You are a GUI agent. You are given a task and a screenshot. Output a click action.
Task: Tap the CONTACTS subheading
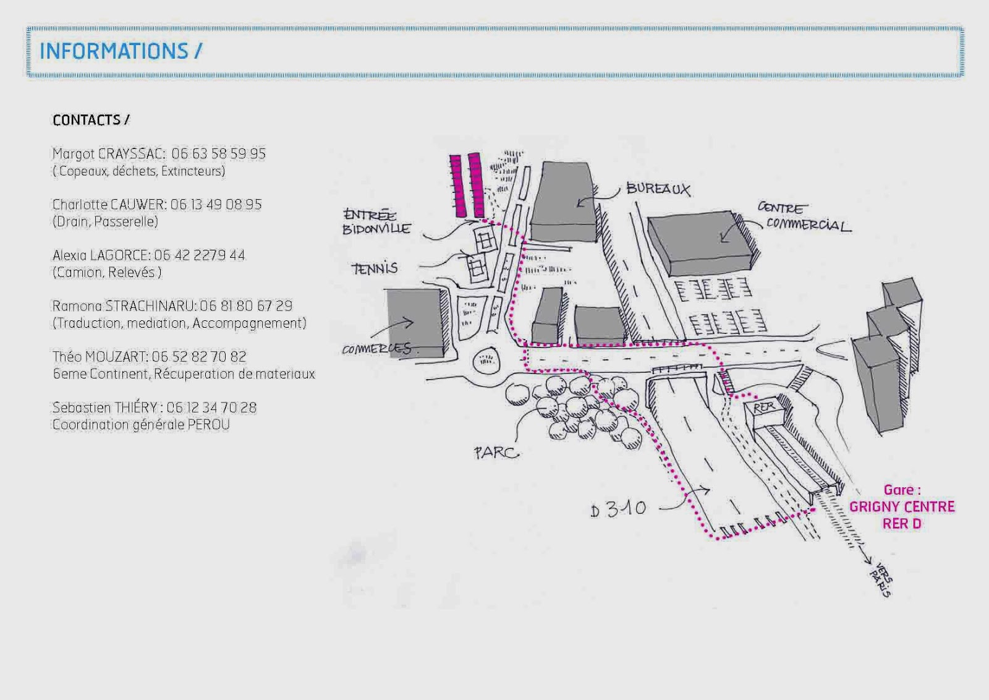(91, 120)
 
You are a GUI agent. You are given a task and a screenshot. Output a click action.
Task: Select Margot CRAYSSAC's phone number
(219, 154)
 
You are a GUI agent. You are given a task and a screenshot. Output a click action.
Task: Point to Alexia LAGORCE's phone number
(200, 255)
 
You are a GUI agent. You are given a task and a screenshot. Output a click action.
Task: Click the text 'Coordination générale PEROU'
(141, 425)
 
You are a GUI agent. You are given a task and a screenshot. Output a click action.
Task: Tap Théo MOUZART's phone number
(199, 357)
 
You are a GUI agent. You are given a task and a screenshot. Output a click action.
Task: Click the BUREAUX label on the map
(658, 189)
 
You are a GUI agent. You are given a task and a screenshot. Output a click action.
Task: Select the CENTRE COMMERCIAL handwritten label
(804, 217)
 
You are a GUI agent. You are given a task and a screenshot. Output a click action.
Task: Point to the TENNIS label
(375, 268)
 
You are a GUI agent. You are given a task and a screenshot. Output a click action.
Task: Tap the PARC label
(496, 453)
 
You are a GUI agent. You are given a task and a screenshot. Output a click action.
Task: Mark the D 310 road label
(618, 509)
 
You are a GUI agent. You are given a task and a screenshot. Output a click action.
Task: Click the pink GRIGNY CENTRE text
(902, 507)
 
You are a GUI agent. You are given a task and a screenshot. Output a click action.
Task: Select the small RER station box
(765, 409)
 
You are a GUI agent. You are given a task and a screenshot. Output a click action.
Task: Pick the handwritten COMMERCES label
(376, 349)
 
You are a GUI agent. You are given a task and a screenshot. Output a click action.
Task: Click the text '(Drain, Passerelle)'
(105, 221)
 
